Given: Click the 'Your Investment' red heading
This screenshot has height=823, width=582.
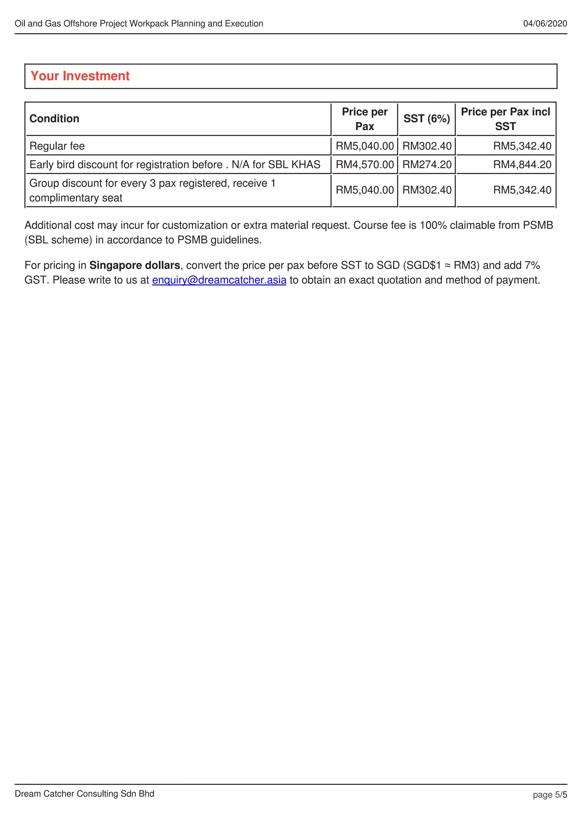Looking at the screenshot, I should coord(80,76).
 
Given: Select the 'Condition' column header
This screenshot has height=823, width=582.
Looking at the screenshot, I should coord(54,119).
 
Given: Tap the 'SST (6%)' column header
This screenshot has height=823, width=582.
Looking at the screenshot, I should coord(426,119).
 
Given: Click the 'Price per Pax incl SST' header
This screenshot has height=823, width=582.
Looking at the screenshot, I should coord(505,119).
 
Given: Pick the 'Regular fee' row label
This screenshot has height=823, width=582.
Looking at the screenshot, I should coord(57,146).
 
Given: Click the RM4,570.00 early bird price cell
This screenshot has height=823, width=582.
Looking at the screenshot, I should coord(364,164).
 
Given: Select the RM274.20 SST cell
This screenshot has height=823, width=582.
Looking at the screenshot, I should coord(427,164).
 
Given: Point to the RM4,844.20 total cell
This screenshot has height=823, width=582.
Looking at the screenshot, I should coord(522,164).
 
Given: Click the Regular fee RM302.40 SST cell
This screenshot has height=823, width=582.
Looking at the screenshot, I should coord(427,146).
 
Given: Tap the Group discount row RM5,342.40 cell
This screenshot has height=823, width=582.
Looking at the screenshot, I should coord(522,190).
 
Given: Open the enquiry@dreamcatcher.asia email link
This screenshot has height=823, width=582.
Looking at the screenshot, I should coord(219,280).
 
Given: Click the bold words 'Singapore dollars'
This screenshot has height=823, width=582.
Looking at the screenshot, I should coord(134,265).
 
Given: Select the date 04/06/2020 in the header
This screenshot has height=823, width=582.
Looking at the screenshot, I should coord(545,24).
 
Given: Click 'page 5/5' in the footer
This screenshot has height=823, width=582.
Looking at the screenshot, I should coord(549,795).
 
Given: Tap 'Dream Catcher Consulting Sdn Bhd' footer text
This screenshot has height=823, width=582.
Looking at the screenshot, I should coord(84,793).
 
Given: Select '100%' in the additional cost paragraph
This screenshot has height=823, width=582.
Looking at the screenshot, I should coord(433,225).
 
